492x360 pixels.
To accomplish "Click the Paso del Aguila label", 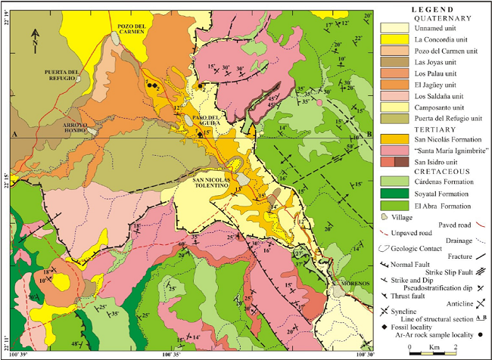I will point(206,119).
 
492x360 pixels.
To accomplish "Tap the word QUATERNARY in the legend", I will point(432,17).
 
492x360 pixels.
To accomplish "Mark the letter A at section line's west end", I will point(14,134).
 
